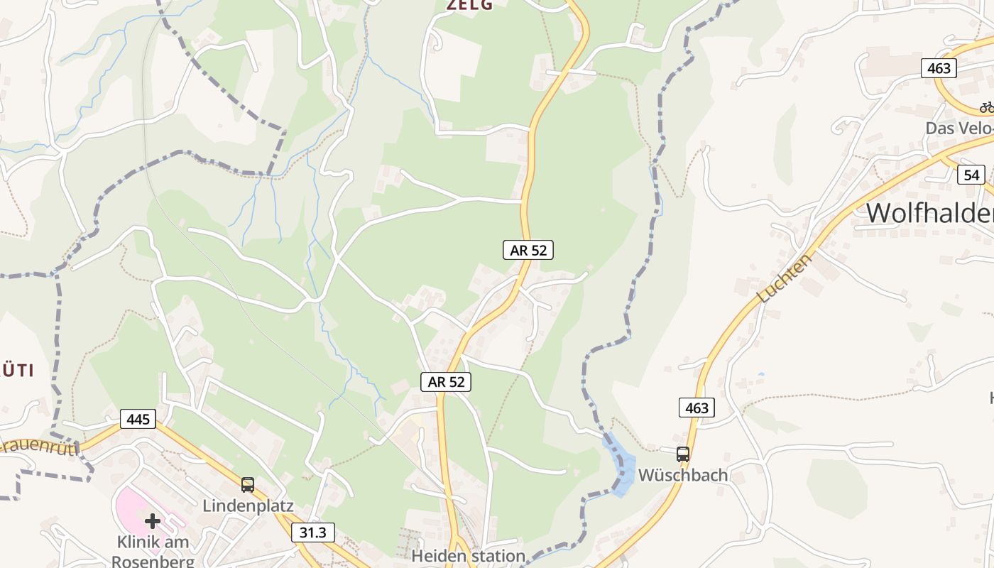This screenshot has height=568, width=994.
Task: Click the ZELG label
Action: click(x=469, y=5)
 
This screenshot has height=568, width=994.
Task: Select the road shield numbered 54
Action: click(x=971, y=175)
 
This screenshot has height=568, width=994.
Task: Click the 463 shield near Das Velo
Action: click(x=939, y=69)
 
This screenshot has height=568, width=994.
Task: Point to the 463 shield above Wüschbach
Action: click(x=697, y=408)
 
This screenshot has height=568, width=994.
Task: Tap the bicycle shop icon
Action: click(x=987, y=107)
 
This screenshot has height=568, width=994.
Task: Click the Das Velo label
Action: click(x=959, y=129)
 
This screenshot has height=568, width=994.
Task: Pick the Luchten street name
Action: click(x=785, y=278)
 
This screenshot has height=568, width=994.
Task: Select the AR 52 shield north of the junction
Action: click(x=528, y=250)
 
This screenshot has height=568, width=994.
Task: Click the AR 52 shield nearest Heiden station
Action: click(x=446, y=382)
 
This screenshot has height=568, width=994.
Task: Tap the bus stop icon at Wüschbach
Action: click(x=683, y=454)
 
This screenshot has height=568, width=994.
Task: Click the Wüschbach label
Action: click(x=683, y=475)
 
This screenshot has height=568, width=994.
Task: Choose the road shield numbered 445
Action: click(x=138, y=419)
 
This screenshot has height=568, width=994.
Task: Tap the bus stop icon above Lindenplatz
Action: click(x=247, y=485)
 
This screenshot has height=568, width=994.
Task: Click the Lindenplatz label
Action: click(x=248, y=506)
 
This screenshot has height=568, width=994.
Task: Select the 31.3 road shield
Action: click(x=312, y=532)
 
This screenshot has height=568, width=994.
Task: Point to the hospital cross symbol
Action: click(x=153, y=522)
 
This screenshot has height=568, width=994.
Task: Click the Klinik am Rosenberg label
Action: click(x=153, y=551)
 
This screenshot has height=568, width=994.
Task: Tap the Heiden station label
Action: click(x=469, y=556)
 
